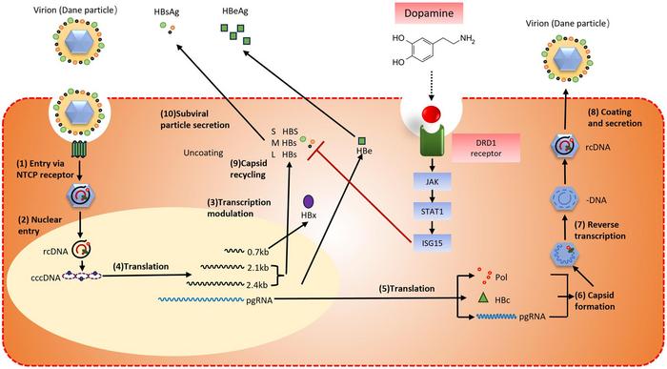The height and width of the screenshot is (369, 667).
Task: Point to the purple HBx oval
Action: [310, 203]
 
